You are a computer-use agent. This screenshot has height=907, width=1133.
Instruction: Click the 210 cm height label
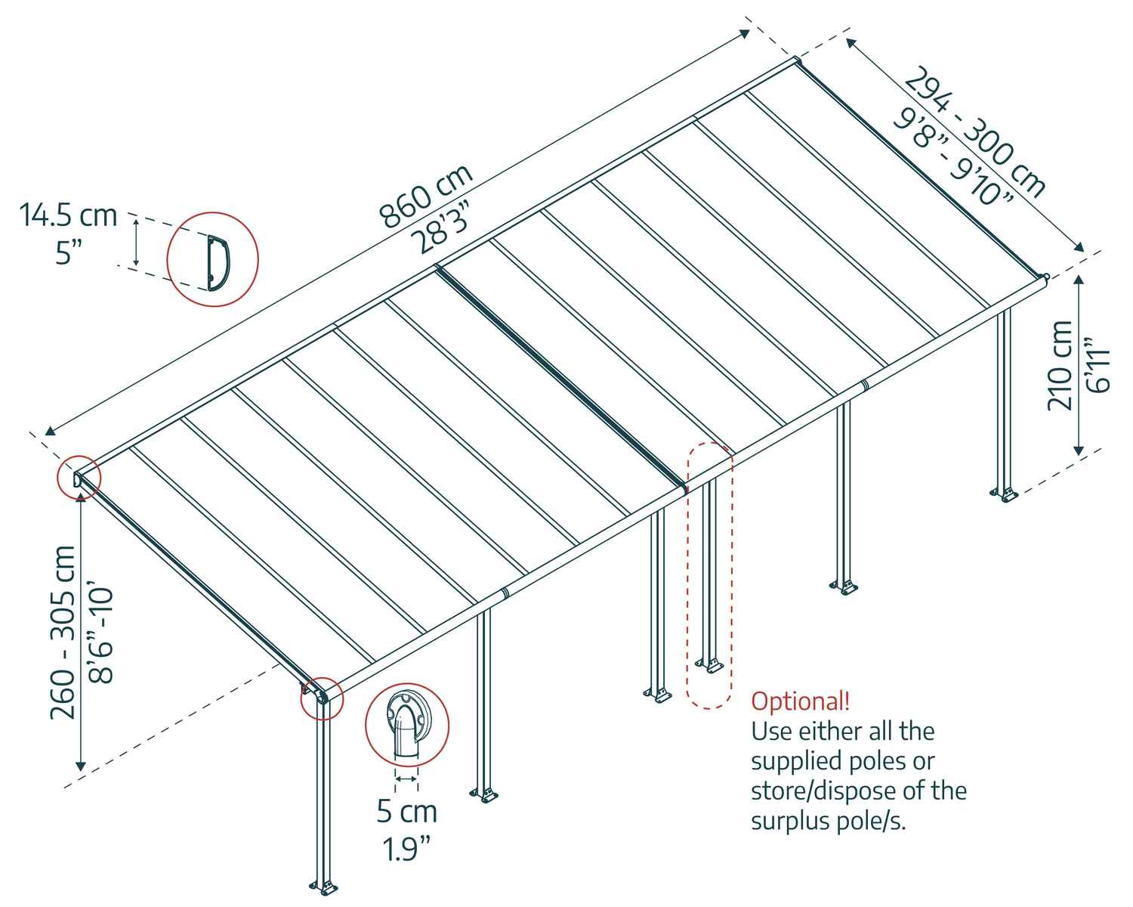pyautogui.click(x=1060, y=365)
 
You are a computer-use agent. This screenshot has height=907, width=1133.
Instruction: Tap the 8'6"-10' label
pyautogui.click(x=100, y=632)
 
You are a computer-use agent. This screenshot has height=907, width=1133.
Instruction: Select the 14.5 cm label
pyautogui.click(x=69, y=215)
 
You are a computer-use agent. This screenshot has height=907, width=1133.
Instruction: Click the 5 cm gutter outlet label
pyautogui.click(x=407, y=812)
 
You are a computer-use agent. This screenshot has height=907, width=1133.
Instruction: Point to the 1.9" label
pyautogui.click(x=407, y=848)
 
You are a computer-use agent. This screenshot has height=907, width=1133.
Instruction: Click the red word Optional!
pyautogui.click(x=800, y=701)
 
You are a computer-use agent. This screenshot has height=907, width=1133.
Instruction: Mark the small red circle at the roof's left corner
pyautogui.click(x=79, y=478)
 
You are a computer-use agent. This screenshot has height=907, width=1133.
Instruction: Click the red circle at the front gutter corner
pyautogui.click(x=322, y=698)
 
